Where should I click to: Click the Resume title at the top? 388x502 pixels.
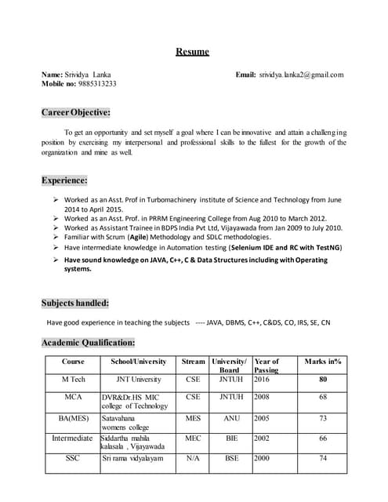pyautogui.click(x=192, y=52)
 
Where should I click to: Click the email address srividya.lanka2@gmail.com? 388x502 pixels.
pyautogui.click(x=302, y=75)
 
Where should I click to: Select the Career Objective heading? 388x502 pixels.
pyautogui.click(x=76, y=112)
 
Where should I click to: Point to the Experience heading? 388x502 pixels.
pyautogui.click(x=64, y=180)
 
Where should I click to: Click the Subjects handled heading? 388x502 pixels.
pyautogui.click(x=75, y=303)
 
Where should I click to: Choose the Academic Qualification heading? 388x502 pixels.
pyautogui.click(x=88, y=342)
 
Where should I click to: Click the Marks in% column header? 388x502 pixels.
pyautogui.click(x=322, y=362)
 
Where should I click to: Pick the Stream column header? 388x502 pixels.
pyautogui.click(x=193, y=362)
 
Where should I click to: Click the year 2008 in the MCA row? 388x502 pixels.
pyautogui.click(x=262, y=397)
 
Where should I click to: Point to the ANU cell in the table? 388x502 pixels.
pyautogui.click(x=231, y=419)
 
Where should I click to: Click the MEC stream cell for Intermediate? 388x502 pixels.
pyautogui.click(x=193, y=438)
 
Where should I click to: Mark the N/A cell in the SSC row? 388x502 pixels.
pyautogui.click(x=193, y=458)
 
